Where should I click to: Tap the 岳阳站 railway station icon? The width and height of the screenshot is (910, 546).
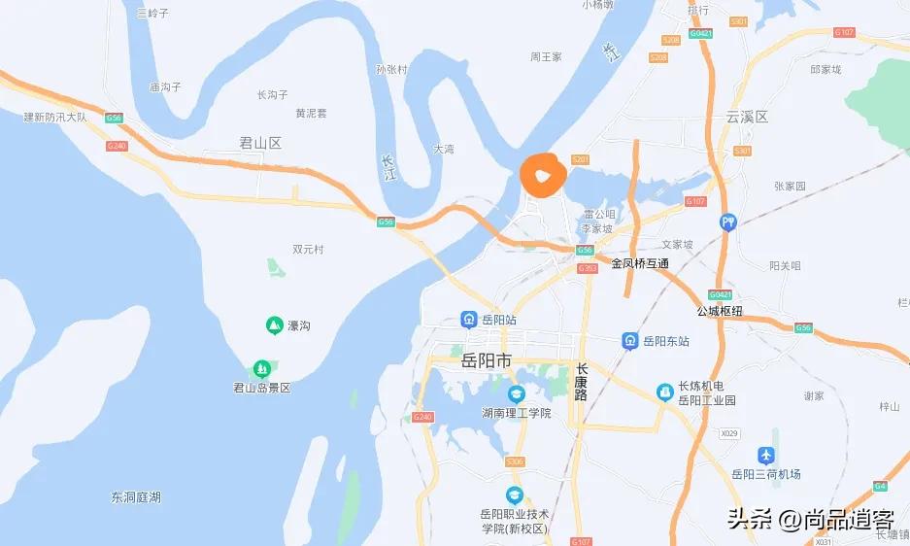click(x=468, y=319)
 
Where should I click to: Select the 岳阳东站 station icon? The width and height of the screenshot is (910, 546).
click(x=630, y=341)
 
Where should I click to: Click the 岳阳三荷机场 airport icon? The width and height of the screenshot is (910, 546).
click(x=766, y=455)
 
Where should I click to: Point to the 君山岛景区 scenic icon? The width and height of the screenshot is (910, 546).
click(x=261, y=369)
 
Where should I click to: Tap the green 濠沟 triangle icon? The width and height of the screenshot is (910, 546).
click(x=275, y=325)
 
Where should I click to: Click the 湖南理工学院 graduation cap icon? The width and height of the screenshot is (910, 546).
click(x=516, y=393)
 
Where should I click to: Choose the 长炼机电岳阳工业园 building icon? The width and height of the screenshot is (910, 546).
click(x=665, y=392)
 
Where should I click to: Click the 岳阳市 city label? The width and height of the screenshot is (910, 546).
click(x=486, y=360)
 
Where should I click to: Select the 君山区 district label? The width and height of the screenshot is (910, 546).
click(x=259, y=143)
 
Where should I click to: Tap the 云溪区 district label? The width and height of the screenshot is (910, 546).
click(x=747, y=117)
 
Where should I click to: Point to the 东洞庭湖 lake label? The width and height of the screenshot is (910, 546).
click(x=136, y=497)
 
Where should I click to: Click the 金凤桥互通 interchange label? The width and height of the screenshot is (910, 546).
click(x=640, y=263)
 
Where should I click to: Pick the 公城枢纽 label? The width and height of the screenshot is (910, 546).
click(x=720, y=311)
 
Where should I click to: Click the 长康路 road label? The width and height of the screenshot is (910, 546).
click(x=582, y=382)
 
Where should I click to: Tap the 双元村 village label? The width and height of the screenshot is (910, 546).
click(x=308, y=249)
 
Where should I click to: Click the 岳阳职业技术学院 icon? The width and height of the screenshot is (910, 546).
click(x=514, y=495)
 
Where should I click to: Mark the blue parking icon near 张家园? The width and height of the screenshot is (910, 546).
click(x=728, y=222)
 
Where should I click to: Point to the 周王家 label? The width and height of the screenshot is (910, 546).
click(x=546, y=57)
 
